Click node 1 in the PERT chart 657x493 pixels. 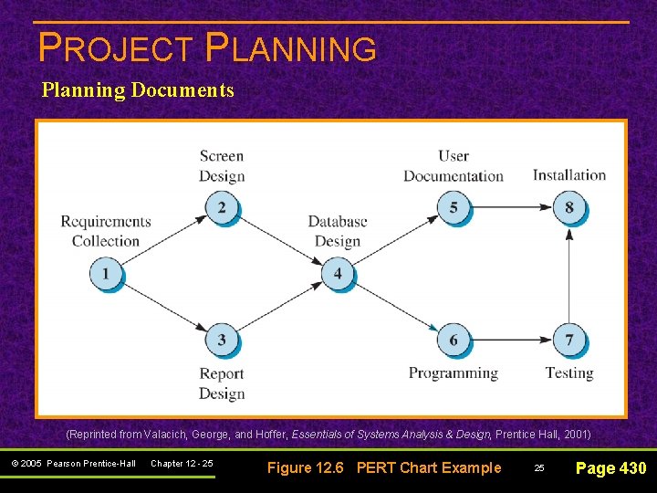[x=106, y=273]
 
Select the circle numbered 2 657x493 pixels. [x=222, y=208]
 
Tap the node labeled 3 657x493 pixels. [x=222, y=341]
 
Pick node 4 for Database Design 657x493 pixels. [x=338, y=273]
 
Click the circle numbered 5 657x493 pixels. [x=454, y=208]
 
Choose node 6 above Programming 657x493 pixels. [x=454, y=341]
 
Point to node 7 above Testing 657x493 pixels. [x=569, y=341]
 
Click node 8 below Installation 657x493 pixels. [x=569, y=208]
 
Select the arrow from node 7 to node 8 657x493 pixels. [x=569, y=274]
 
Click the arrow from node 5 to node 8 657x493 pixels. [x=511, y=208]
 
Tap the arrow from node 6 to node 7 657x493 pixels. [x=511, y=341]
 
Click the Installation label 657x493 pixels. [x=569, y=174]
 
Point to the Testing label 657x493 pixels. [x=569, y=372]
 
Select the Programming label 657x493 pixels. [x=454, y=372]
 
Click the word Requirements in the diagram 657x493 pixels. [x=106, y=221]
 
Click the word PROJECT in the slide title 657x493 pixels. [x=116, y=48]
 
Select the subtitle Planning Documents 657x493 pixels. [x=138, y=90]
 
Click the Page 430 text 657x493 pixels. [x=610, y=468]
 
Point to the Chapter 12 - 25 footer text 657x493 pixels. [x=182, y=464]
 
